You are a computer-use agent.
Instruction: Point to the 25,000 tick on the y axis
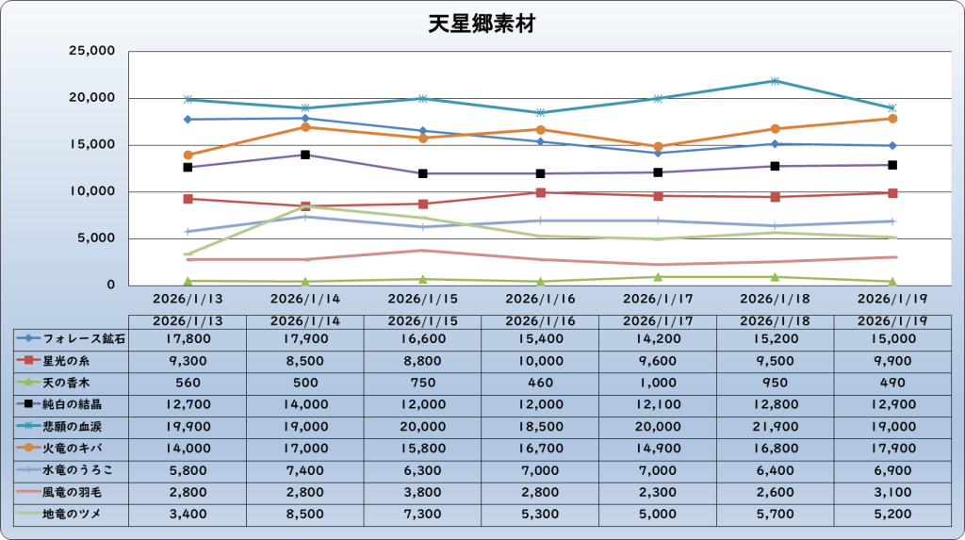coord(91,51)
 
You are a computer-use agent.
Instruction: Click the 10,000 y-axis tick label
coord(91,191)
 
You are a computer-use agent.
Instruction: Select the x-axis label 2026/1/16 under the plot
coord(540,299)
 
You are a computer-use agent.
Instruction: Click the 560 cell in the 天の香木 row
coord(188,382)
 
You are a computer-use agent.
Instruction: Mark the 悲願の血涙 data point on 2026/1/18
coord(775,81)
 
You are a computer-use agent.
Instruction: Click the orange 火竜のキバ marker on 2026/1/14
coord(305,126)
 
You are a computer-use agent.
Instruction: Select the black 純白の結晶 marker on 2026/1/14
coord(305,155)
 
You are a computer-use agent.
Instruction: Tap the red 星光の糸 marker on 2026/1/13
coord(188,199)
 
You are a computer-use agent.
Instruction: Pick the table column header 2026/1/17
coord(658,320)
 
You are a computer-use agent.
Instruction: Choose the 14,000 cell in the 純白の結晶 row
coord(304,403)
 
